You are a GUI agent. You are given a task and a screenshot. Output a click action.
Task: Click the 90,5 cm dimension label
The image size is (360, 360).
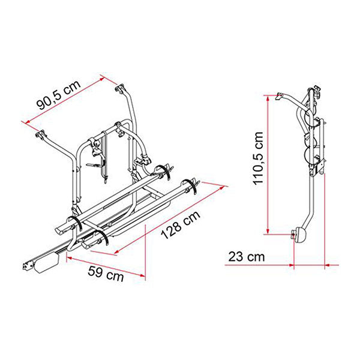59,95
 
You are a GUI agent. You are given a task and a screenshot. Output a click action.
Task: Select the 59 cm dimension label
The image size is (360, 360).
106,274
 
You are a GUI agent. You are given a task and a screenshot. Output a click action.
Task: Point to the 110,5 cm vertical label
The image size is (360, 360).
258,158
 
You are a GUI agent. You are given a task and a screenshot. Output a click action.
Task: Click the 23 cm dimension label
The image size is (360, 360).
247,257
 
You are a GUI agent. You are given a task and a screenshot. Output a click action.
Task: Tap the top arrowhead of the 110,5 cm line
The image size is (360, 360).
268,98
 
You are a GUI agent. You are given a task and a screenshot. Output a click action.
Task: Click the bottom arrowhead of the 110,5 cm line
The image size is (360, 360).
268,232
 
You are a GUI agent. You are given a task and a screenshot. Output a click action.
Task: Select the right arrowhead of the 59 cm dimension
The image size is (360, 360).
143,275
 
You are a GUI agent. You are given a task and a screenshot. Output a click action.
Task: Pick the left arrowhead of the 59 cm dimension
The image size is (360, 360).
70,258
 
